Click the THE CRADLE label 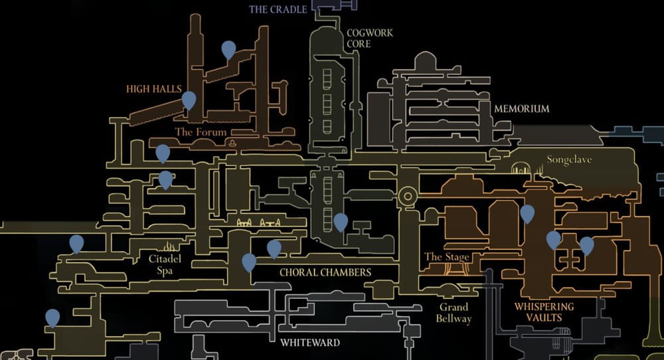pos(278,9)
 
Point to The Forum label pos(201,132)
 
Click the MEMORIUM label pos(521,108)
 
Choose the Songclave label pos(568,160)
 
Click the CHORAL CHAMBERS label pos(325,272)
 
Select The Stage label pos(447,257)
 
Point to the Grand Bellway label pos(454,313)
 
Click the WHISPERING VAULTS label pos(544,312)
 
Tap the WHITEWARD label pos(309,343)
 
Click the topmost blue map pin pos(228,48)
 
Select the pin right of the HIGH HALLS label pos(189,100)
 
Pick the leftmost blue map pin pos(52,317)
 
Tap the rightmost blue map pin pos(586,245)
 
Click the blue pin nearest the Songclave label pos(527,213)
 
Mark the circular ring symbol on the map pos(407,196)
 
